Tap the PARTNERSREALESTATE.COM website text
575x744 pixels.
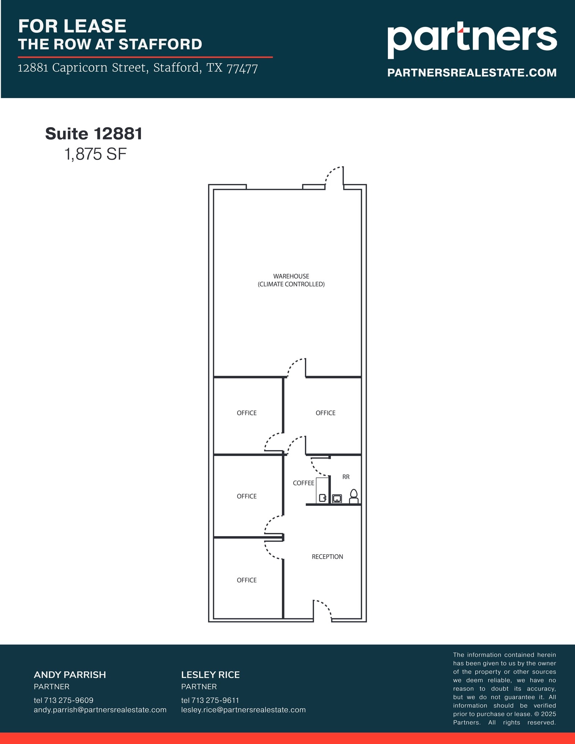coord(471,73)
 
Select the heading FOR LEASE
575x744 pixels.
coord(72,26)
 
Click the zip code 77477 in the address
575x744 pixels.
coord(242,68)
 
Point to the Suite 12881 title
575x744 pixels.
coord(94,134)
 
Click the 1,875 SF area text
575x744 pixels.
coord(96,154)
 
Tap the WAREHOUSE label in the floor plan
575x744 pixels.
coord(291,276)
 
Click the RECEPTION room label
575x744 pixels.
coord(327,557)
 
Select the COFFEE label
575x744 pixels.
coord(303,483)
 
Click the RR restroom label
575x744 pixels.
coord(346,477)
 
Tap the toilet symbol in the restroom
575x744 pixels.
coord(353,496)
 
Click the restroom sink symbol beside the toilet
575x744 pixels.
coord(337,498)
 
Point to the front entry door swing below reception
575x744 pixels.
coord(323,610)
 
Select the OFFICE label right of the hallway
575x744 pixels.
coord(325,413)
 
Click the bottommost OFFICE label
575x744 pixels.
coord(247,580)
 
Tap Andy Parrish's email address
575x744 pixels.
coord(100,709)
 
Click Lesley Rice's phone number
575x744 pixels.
coord(210,700)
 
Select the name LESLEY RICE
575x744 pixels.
coord(210,675)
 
